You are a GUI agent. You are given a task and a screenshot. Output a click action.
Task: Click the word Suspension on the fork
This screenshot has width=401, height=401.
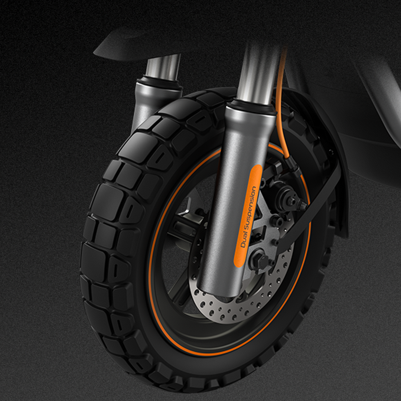click(x=250, y=208)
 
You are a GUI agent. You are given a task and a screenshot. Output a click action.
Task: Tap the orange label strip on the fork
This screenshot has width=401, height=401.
click(x=248, y=216)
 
